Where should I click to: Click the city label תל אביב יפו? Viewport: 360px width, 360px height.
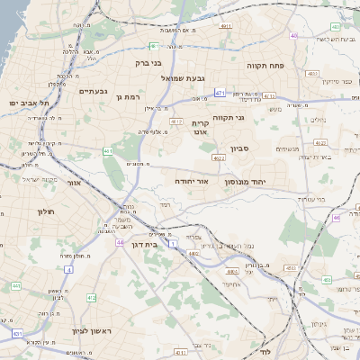[x=24, y=103]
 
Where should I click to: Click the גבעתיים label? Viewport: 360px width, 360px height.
[x=93, y=91]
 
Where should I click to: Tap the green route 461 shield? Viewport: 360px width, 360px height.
[x=108, y=151]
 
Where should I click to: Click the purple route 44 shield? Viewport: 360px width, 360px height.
[x=119, y=242]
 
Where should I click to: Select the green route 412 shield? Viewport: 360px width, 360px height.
[x=91, y=297]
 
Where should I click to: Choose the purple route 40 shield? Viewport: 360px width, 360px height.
[x=293, y=36]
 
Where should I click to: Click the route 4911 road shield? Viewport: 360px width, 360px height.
[x=226, y=26]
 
